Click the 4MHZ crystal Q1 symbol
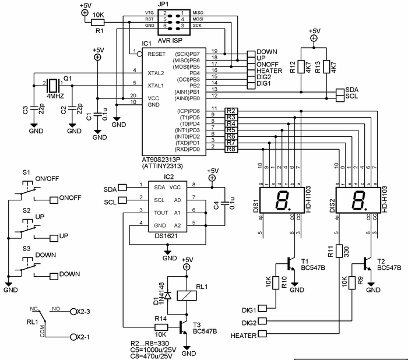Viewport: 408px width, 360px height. click(54, 85)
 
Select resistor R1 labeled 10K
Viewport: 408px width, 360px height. click(97, 22)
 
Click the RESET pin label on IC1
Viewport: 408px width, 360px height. click(157, 54)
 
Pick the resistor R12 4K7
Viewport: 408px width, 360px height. click(301, 68)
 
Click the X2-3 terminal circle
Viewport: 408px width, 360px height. click(73, 312)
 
